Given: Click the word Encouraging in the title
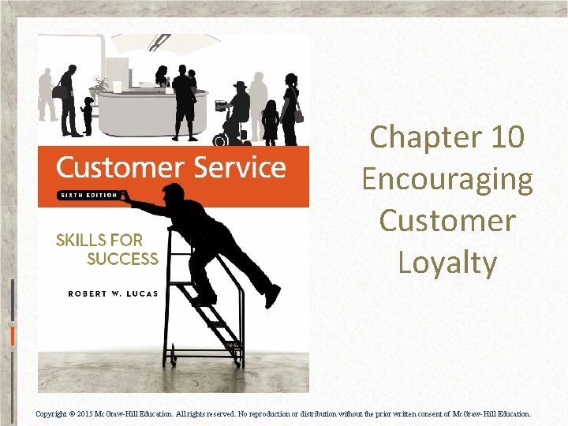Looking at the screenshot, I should coord(447,179).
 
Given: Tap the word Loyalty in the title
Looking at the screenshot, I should coord(447,263).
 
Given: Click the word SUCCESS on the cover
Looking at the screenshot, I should coord(122,259).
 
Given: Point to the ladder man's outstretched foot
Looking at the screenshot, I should coord(271,297).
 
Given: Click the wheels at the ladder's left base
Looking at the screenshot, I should coord(169,361).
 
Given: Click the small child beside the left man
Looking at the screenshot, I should coord(87,115).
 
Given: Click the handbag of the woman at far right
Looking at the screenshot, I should coord(298,116).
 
